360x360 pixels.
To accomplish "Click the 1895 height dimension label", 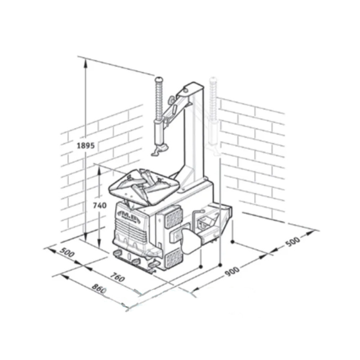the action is tap(86, 145).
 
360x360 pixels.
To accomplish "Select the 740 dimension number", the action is tap(100, 205).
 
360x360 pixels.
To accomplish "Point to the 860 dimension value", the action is tap(99, 288).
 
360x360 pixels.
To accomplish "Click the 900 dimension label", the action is tap(232, 272).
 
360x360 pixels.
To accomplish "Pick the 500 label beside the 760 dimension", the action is tap(67, 252).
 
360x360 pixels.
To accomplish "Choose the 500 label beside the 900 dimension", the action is tap(293, 241).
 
